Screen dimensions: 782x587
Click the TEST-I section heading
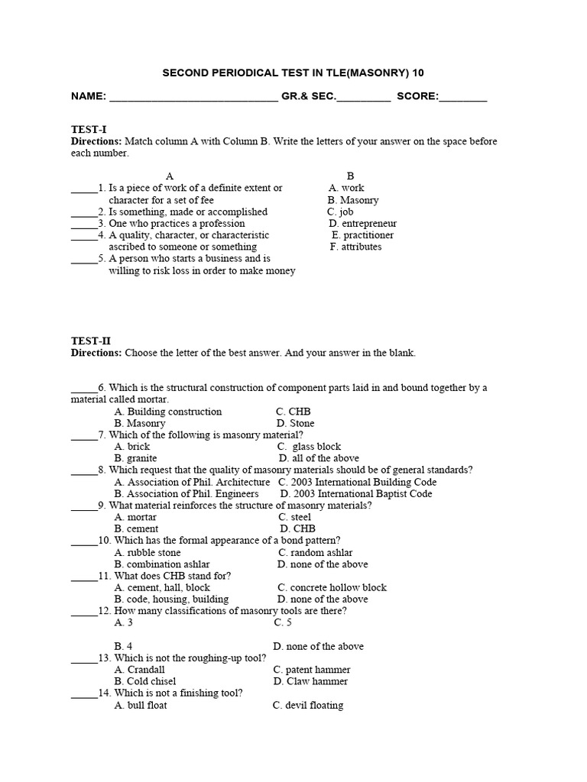(x=89, y=130)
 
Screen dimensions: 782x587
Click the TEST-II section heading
(x=91, y=341)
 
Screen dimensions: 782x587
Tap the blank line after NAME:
(x=194, y=98)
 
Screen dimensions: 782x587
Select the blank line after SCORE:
(x=463, y=98)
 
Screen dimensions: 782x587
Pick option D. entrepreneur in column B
(x=363, y=224)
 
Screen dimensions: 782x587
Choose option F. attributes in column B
(x=356, y=247)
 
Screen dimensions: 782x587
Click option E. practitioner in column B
(x=363, y=235)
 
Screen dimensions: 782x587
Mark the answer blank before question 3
(x=84, y=225)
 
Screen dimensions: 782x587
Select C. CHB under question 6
(x=293, y=412)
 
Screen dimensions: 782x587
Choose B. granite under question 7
(x=136, y=458)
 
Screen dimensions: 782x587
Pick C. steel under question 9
(x=295, y=517)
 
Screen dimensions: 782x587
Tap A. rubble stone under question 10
(x=148, y=552)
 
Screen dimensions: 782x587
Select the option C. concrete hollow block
(x=332, y=587)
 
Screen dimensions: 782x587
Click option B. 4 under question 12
(x=124, y=646)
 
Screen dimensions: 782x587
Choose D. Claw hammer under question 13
(x=310, y=681)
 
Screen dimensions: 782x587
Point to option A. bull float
(x=141, y=705)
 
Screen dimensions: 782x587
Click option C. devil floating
(x=308, y=705)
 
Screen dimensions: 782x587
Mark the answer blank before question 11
(x=84, y=577)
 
